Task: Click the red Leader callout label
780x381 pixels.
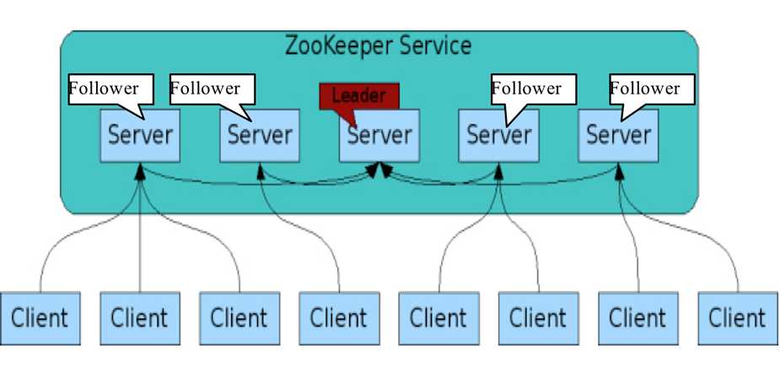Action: [358, 95]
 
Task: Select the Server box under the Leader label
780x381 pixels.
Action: [379, 135]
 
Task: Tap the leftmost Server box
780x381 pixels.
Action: [140, 135]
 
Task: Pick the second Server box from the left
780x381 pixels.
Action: [260, 135]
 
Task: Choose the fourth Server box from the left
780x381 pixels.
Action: [499, 135]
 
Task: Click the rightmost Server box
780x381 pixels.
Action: [619, 135]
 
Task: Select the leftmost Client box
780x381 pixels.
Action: [40, 318]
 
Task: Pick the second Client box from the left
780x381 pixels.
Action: [140, 318]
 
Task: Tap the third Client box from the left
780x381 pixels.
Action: [239, 318]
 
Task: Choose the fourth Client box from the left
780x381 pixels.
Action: [339, 318]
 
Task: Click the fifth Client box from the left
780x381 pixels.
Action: [438, 318]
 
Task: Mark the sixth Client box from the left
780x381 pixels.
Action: [538, 318]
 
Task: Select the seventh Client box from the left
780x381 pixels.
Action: [637, 318]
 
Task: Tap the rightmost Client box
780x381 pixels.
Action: [737, 318]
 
